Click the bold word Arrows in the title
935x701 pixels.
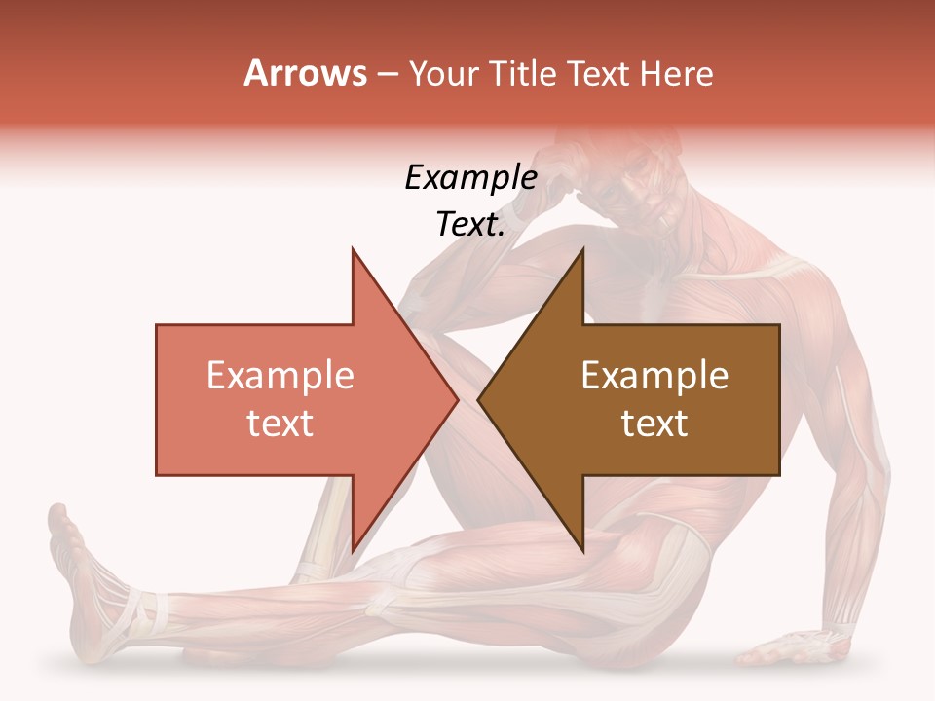click(306, 73)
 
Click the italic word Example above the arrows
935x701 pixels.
click(470, 178)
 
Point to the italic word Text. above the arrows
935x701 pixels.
click(470, 224)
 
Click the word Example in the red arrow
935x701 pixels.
click(280, 376)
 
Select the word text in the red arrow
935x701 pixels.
click(280, 423)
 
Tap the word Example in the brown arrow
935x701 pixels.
click(654, 376)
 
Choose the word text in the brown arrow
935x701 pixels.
click(654, 423)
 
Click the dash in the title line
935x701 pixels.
click(388, 73)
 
